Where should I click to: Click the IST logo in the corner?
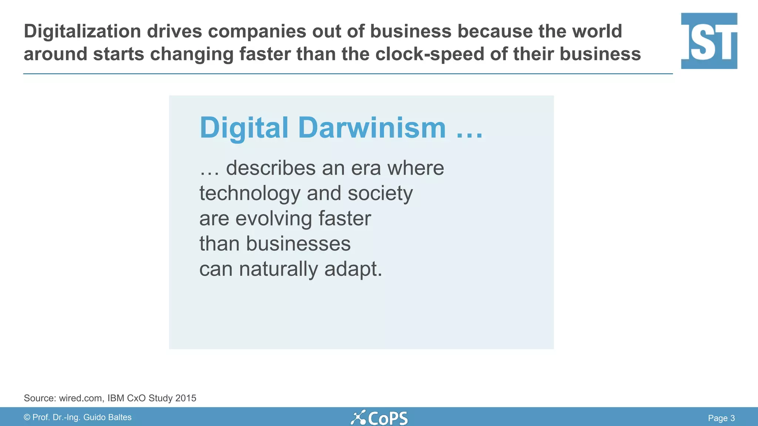[709, 41]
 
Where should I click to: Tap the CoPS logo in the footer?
[379, 418]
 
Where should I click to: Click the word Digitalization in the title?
[82, 31]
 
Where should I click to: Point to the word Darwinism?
[372, 128]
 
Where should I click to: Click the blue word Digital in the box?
[244, 128]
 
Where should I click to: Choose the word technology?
[250, 193]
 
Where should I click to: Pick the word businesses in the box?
[298, 244]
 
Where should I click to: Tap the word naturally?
[278, 269]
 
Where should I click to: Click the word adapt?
[353, 269]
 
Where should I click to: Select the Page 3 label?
[721, 418]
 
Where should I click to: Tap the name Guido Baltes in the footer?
[107, 417]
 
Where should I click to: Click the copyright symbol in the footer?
[27, 417]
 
